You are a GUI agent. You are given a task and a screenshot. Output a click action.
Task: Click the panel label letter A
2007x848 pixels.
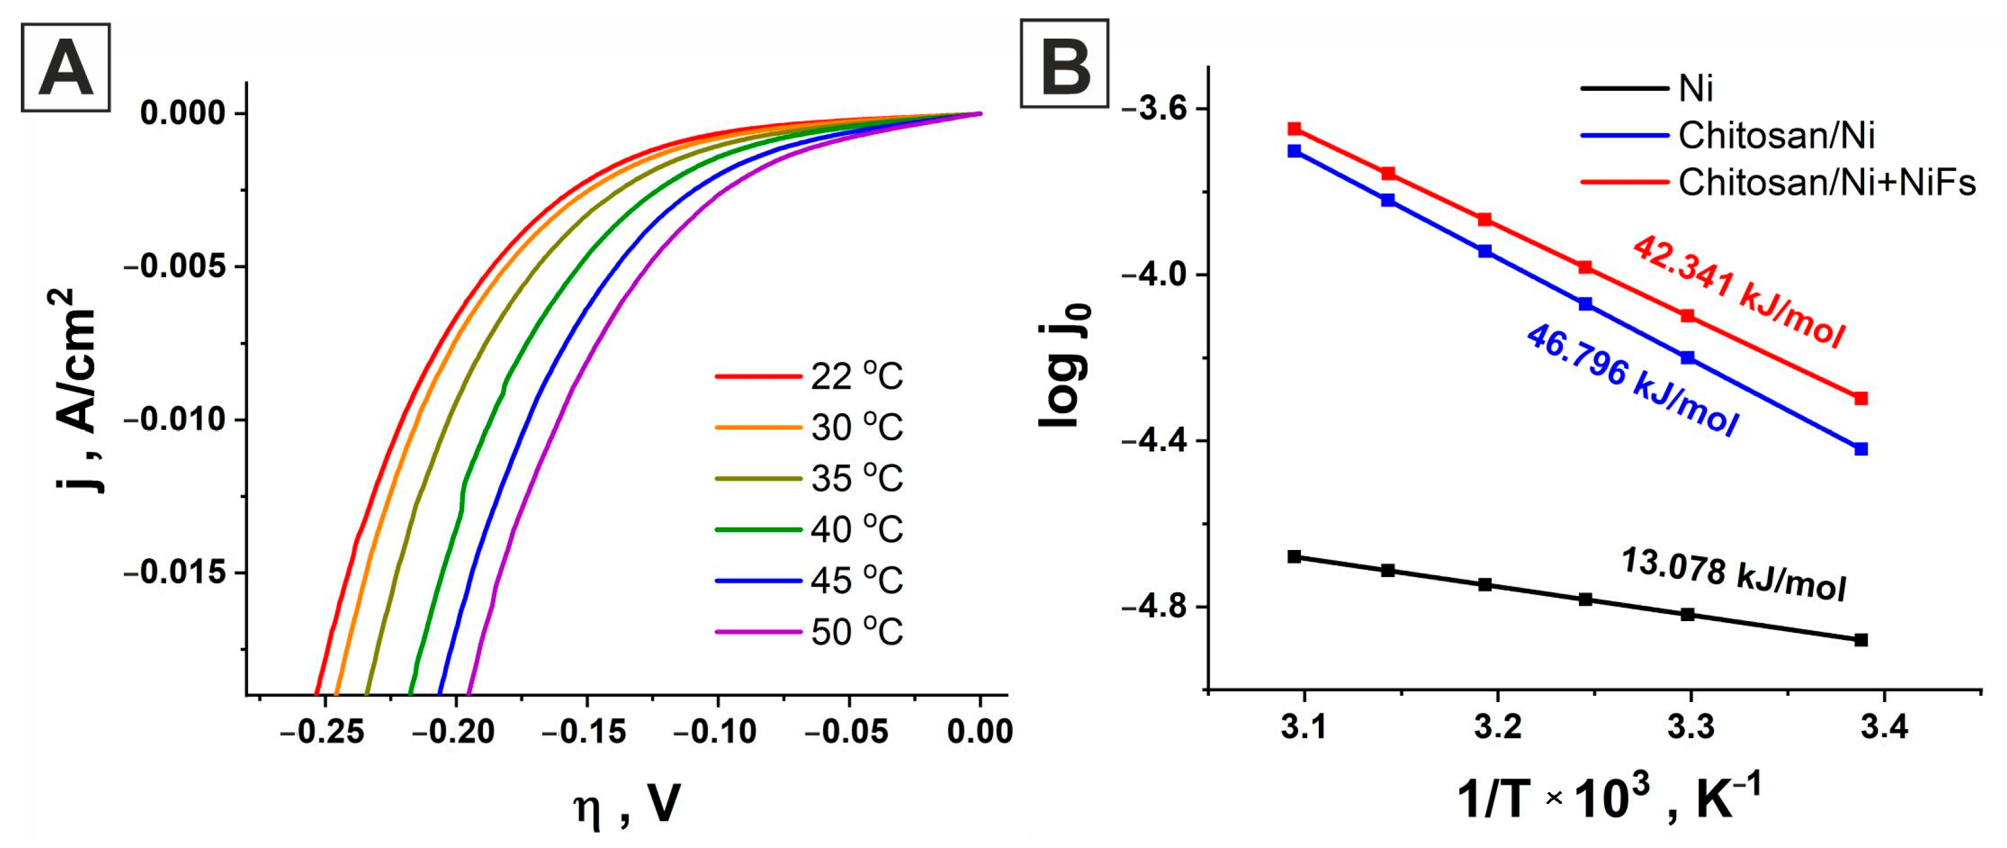66,69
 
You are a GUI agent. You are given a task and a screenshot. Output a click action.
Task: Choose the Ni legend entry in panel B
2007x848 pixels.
1695,88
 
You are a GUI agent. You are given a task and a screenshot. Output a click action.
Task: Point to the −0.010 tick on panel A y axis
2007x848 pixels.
174,420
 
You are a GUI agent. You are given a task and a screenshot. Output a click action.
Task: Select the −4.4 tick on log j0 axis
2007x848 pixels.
1155,441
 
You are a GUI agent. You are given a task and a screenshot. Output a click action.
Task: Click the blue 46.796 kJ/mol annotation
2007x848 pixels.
1631,380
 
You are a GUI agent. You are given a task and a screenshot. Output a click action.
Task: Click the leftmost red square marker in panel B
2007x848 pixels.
1294,129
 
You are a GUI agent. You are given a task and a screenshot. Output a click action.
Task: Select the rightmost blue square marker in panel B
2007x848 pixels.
1861,449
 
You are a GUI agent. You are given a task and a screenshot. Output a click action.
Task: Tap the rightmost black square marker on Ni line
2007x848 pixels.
1861,640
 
